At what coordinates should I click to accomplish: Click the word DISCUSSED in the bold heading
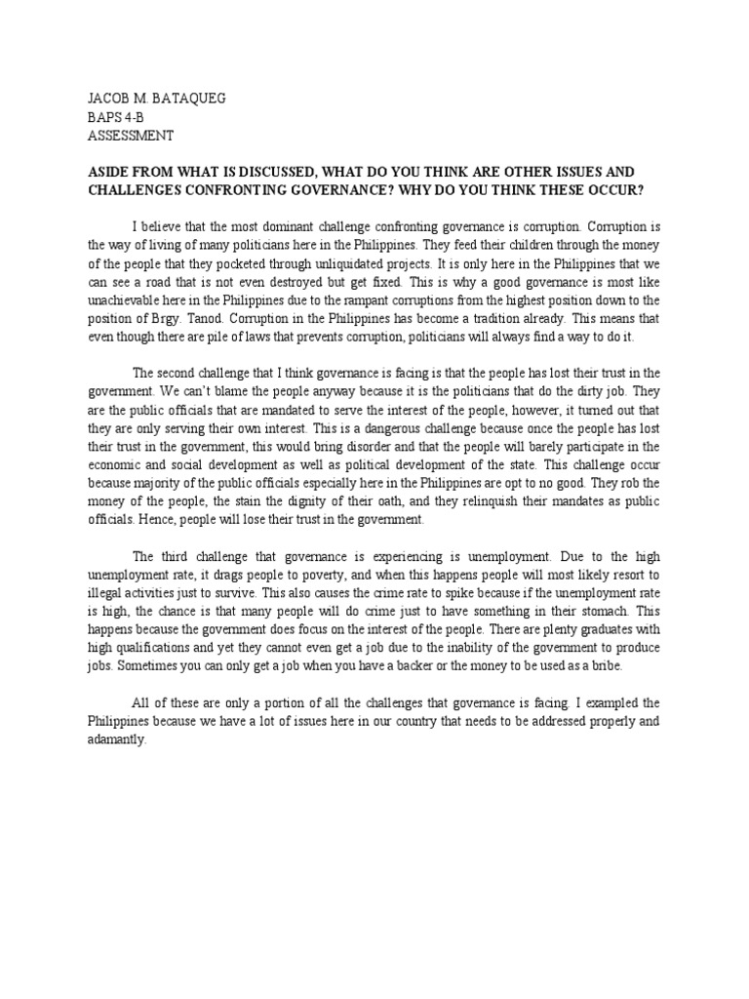[x=295, y=169]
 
